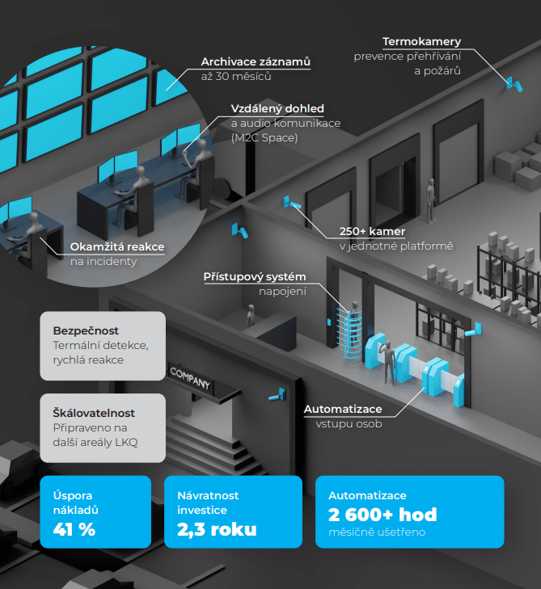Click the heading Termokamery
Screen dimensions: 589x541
click(x=421, y=42)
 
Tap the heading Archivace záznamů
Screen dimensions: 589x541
click(x=256, y=61)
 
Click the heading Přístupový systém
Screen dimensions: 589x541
click(x=256, y=277)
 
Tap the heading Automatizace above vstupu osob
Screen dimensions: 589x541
click(x=343, y=409)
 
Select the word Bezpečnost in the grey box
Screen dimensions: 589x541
click(x=86, y=330)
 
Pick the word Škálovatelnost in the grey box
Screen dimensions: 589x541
click(x=94, y=412)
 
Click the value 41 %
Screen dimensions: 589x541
click(x=74, y=529)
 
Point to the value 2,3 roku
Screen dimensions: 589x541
click(x=217, y=529)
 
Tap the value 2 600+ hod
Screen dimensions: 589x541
click(x=383, y=514)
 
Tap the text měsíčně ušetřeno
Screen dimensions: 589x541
click(x=376, y=532)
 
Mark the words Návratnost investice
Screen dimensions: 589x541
click(x=208, y=503)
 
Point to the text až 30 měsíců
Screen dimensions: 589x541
click(x=236, y=77)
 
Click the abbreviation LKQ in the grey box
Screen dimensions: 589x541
click(x=129, y=441)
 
